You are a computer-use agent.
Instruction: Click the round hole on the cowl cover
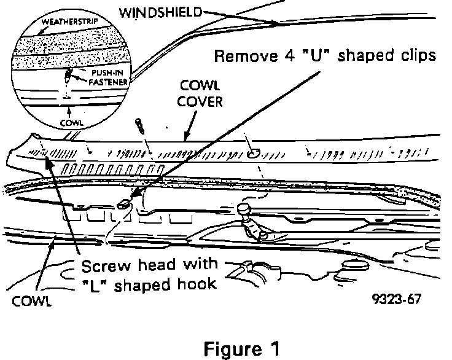click(x=252, y=154)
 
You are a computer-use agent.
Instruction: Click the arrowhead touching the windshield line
click(x=275, y=23)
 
